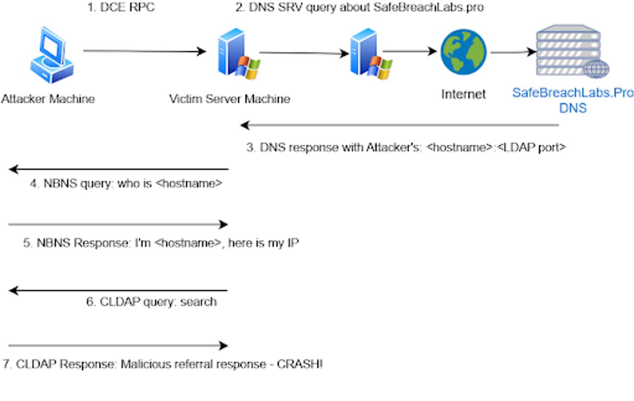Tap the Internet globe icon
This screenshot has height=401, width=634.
[463, 52]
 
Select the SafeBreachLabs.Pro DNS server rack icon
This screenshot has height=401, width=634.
[572, 50]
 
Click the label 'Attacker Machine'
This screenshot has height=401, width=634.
[48, 99]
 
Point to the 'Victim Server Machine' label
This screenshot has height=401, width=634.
[230, 99]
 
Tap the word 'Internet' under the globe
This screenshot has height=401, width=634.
[463, 94]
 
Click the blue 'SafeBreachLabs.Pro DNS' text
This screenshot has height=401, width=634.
[573, 100]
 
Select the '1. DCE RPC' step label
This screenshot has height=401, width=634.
[121, 8]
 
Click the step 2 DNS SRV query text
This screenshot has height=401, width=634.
[359, 8]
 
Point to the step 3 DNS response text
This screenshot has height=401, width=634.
[406, 147]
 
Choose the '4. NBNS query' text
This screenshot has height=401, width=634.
[126, 183]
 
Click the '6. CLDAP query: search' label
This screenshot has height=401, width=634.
[151, 302]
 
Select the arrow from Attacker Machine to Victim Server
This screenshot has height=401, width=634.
[144, 51]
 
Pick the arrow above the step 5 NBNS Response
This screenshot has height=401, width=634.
[118, 224]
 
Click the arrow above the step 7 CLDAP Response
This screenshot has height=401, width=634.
[118, 345]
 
